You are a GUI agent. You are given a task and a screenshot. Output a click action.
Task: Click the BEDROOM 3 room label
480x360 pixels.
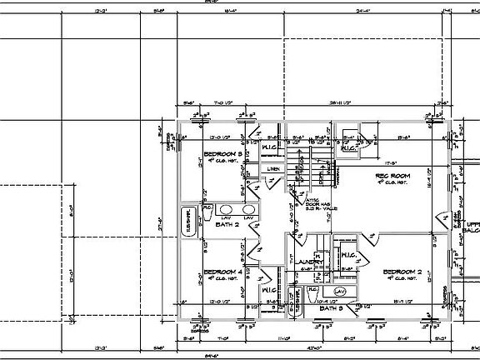coord(222,154)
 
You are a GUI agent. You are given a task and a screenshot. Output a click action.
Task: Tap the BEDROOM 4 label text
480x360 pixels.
coord(222,272)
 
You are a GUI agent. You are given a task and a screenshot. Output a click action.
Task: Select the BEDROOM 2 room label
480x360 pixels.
coord(403,272)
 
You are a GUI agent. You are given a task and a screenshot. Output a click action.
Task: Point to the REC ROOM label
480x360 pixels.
coord(391,176)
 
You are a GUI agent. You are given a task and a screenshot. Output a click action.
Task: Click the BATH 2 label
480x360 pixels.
coord(227,224)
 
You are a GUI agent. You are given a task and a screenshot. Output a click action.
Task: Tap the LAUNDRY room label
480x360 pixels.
coord(309,262)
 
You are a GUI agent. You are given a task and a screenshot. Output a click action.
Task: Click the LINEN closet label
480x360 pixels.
coord(272,169)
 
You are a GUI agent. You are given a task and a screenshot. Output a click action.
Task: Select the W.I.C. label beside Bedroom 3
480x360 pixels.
coord(270,148)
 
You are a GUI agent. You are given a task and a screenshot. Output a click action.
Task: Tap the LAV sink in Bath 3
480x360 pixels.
coord(340,291)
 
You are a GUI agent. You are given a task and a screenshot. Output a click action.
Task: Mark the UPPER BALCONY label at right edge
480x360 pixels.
coord(470,227)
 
